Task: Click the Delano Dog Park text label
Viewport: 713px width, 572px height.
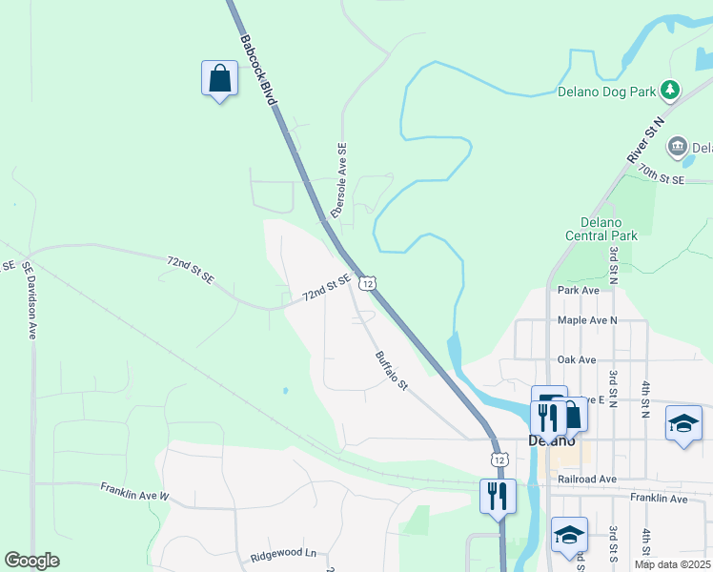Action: tap(607, 92)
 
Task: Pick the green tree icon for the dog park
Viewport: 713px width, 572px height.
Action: tap(671, 90)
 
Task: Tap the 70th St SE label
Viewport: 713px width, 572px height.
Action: tap(662, 174)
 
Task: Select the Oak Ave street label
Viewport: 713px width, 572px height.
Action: tap(577, 359)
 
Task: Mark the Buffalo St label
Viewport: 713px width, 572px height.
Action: tap(391, 372)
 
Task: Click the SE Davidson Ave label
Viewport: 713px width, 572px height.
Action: tap(29, 299)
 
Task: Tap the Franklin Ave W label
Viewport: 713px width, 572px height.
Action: tap(134, 491)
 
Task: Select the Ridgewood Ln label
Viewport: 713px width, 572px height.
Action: tap(282, 553)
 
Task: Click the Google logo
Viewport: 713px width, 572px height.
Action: tap(32, 561)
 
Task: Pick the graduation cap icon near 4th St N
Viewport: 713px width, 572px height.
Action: tap(683, 423)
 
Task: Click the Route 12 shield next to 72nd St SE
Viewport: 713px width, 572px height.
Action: tap(367, 283)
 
